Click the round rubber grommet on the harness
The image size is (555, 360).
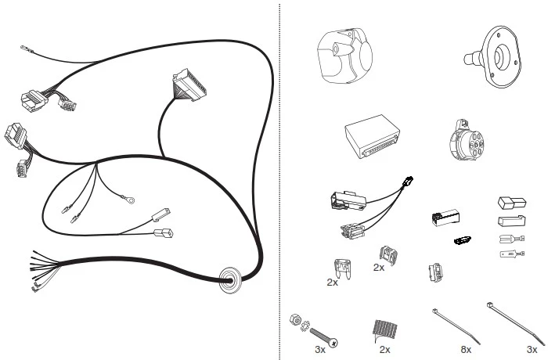[230, 280]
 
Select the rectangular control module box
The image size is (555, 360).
[373, 136]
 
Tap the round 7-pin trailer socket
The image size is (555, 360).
[466, 141]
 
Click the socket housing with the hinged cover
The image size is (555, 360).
[344, 56]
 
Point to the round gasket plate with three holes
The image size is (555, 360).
[495, 56]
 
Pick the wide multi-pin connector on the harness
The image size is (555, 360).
[189, 85]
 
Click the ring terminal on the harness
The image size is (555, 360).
[128, 200]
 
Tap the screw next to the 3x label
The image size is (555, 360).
[323, 337]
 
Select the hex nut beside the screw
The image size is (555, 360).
[294, 319]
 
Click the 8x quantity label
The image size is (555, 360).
[466, 350]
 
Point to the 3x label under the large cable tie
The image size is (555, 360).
[532, 350]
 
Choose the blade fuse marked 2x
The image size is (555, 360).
[342, 268]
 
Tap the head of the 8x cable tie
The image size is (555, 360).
[434, 311]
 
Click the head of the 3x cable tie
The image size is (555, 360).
[490, 305]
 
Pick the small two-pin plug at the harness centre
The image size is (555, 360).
[163, 233]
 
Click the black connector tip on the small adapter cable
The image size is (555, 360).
[408, 181]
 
